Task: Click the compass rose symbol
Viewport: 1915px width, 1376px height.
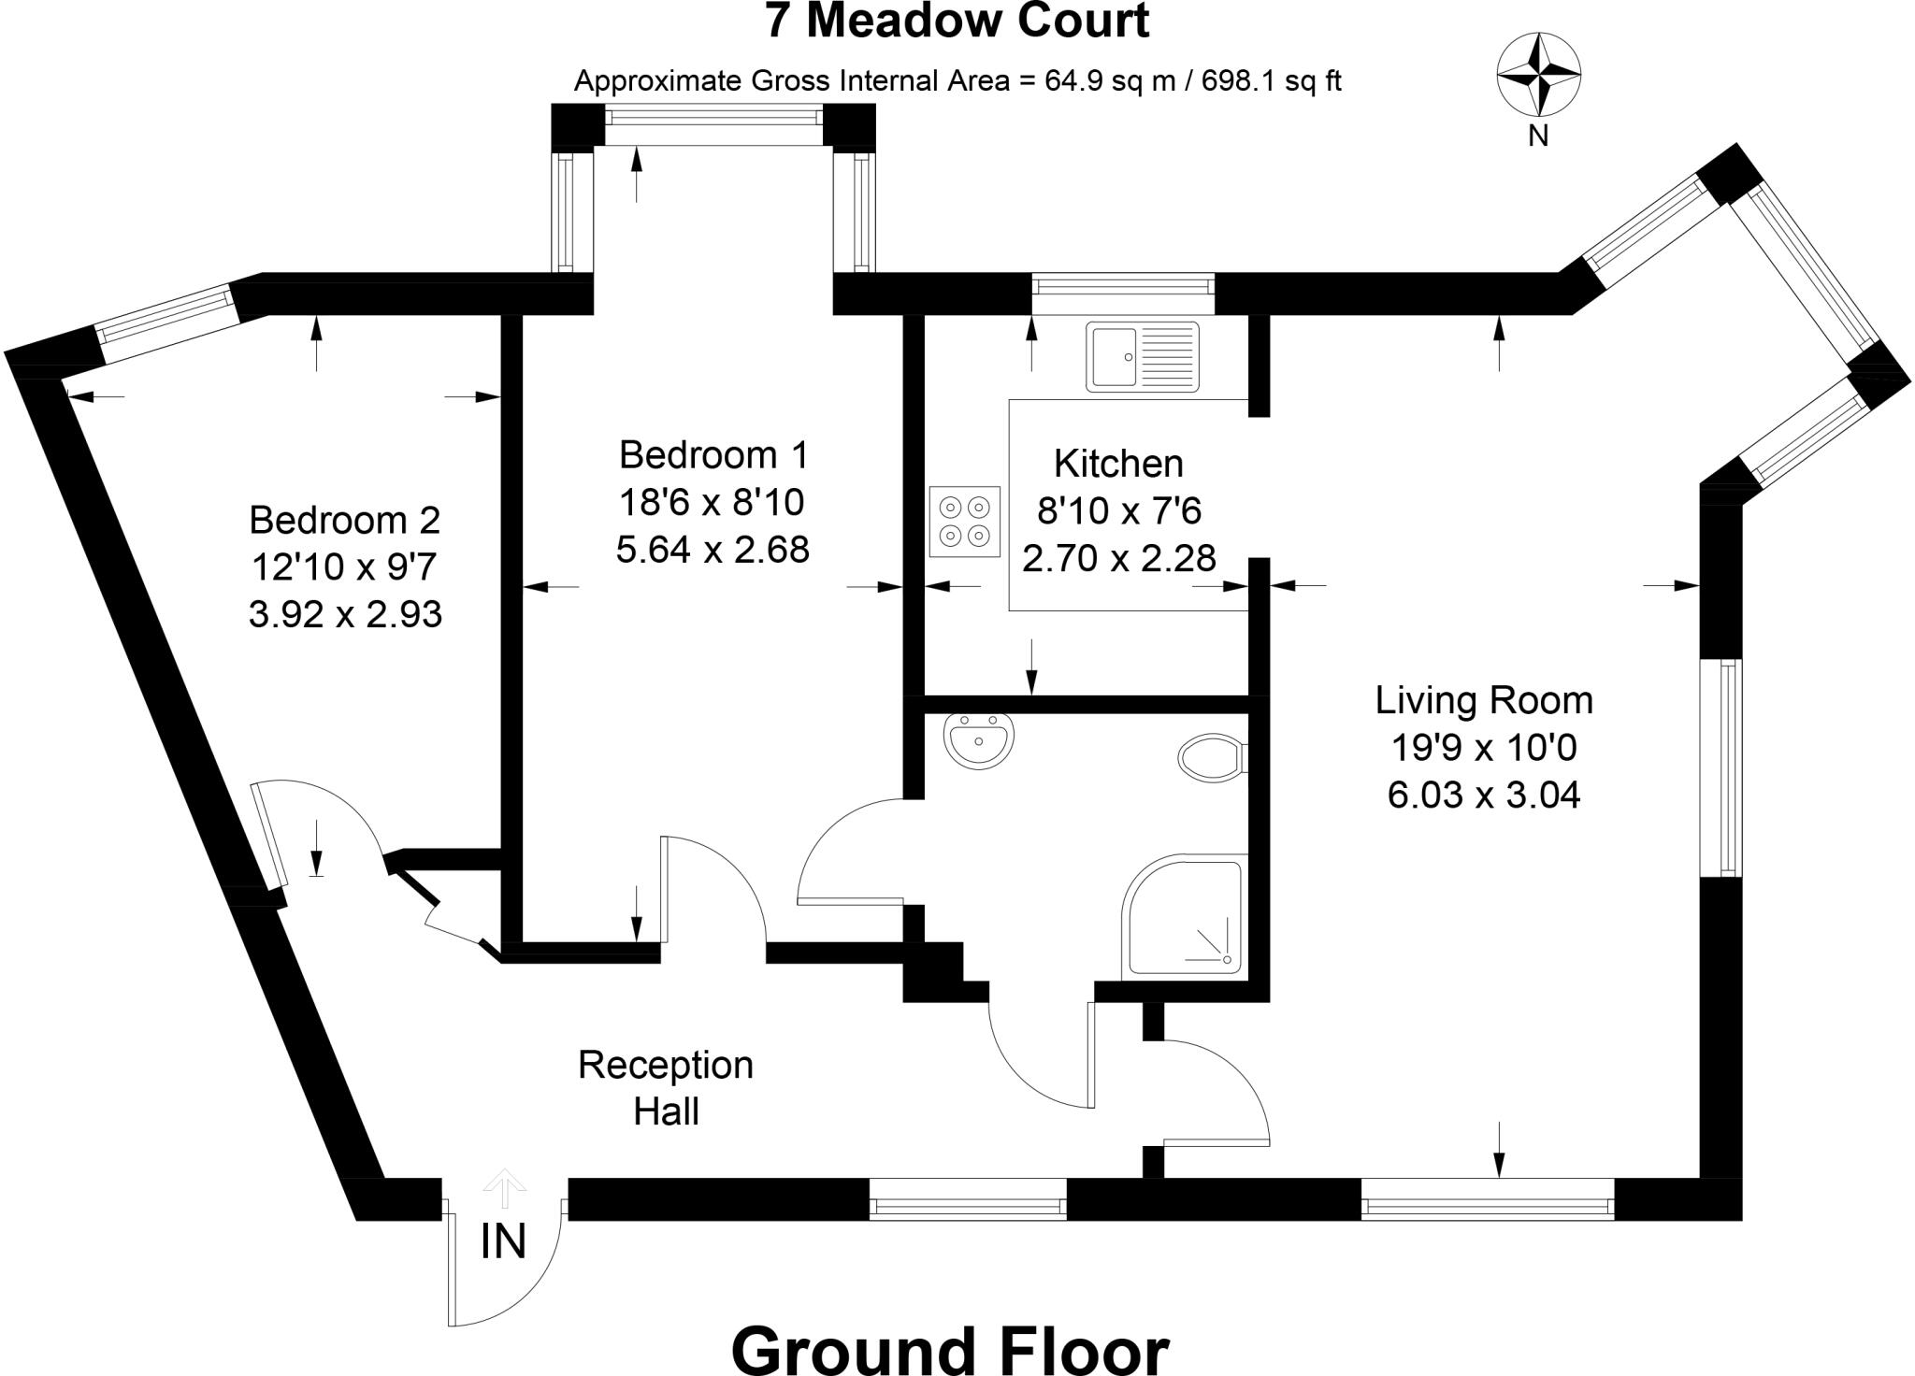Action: click(1538, 74)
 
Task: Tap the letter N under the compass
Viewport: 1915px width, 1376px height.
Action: click(1538, 136)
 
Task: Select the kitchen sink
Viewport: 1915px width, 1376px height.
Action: click(1142, 356)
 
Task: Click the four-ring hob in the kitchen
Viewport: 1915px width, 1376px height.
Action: click(965, 522)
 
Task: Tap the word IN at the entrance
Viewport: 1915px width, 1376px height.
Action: click(503, 1242)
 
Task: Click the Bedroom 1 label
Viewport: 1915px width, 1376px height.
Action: click(713, 455)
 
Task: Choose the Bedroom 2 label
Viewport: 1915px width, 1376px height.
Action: click(345, 520)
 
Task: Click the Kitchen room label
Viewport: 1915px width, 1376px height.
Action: click(1118, 464)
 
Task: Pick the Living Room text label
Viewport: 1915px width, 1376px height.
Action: click(1484, 700)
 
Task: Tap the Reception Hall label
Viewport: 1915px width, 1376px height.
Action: click(666, 1088)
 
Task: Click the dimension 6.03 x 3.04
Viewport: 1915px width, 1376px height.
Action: click(1484, 795)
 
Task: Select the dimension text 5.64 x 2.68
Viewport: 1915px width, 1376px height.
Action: click(713, 550)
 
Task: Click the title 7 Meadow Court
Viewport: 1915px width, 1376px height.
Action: click(957, 21)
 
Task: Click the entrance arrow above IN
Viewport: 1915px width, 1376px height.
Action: click(505, 1187)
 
